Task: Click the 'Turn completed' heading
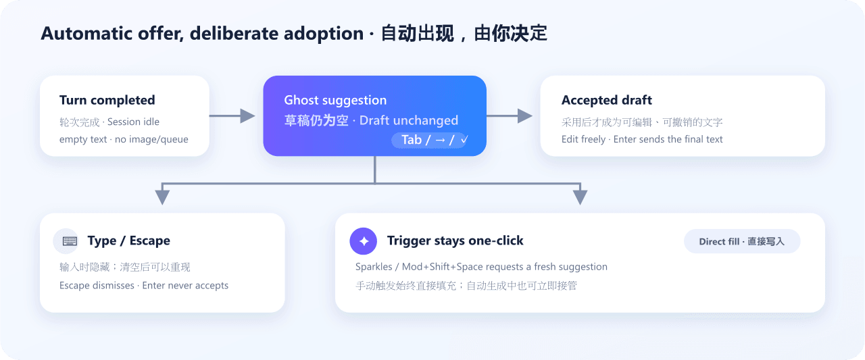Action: [x=107, y=101]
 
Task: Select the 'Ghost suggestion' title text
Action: [x=335, y=101]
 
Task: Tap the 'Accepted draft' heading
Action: [x=606, y=101]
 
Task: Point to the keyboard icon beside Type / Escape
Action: [x=70, y=241]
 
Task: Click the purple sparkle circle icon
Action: [x=363, y=241]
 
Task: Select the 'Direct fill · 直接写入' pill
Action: [x=742, y=241]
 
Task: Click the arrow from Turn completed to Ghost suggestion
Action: [x=232, y=115]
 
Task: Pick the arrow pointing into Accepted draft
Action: [x=510, y=115]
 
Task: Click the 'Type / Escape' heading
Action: [x=128, y=240]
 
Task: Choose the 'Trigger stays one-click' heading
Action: [x=455, y=240]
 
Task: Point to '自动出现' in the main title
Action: [x=417, y=33]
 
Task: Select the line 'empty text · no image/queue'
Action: [x=124, y=139]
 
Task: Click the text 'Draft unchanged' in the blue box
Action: [x=409, y=120]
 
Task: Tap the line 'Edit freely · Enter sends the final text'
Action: [x=642, y=139]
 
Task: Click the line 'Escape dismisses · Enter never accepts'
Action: [x=144, y=286]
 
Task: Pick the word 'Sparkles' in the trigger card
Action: [x=374, y=267]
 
